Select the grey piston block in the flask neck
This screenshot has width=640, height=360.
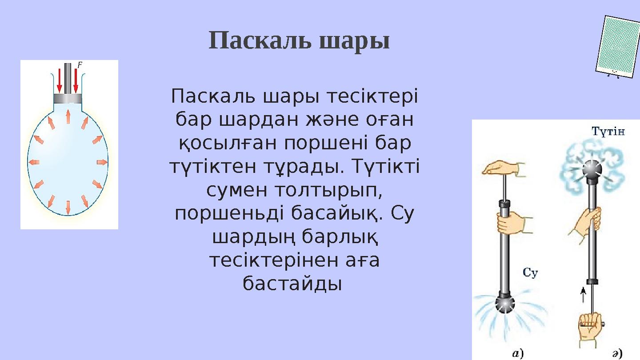(x=68, y=99)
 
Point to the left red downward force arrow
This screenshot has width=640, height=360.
(x=60, y=80)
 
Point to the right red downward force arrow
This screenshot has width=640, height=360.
(x=76, y=80)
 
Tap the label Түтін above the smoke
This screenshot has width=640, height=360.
(x=608, y=132)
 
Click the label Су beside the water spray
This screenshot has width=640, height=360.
(x=530, y=273)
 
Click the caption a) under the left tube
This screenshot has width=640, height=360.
(x=518, y=353)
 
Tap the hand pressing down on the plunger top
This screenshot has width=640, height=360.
(x=504, y=168)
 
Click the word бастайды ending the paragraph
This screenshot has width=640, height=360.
(x=292, y=284)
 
